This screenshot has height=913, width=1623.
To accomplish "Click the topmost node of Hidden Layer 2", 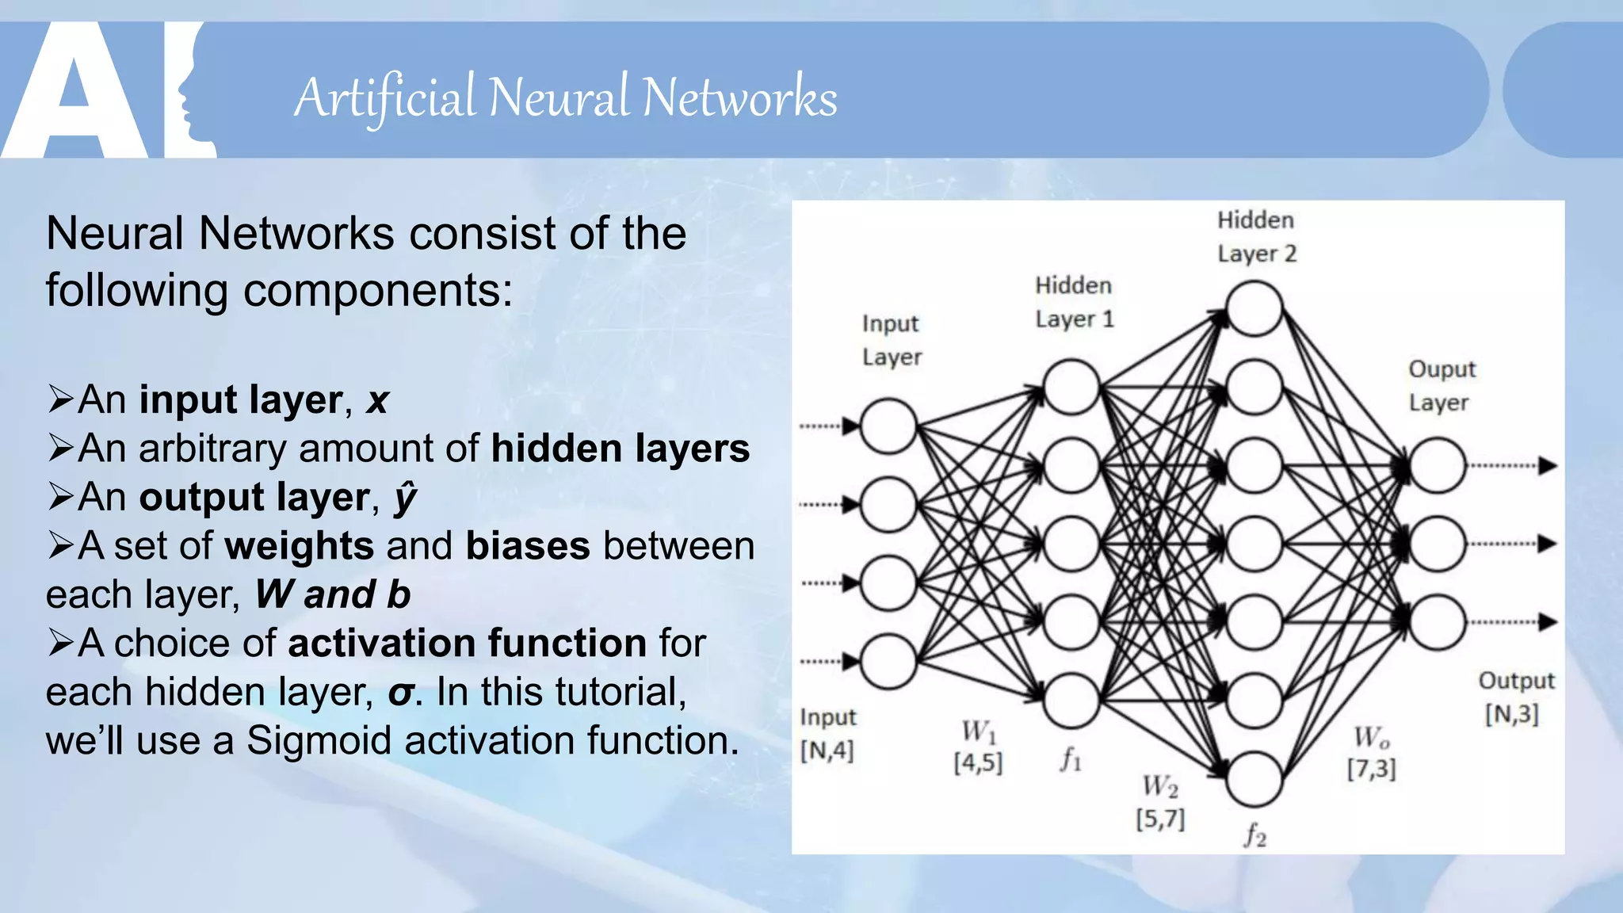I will point(1254,309).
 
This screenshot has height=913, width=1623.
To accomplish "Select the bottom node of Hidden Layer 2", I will point(1254,779).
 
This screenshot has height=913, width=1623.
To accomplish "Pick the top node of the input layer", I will point(888,426).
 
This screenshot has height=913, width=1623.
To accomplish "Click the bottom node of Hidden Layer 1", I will point(1071,701).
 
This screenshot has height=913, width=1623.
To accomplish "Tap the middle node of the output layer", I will point(1437,544).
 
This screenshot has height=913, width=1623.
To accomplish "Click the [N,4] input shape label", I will point(827,750).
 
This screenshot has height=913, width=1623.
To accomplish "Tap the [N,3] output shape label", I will point(1511,714).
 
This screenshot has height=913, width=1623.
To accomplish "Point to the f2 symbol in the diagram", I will point(1254,835).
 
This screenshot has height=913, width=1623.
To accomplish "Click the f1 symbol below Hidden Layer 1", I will point(1071,759).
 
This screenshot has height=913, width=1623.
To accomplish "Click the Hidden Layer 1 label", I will point(1074,302).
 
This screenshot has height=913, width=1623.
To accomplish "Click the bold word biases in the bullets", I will point(528,546).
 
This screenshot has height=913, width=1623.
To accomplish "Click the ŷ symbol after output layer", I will point(405,498).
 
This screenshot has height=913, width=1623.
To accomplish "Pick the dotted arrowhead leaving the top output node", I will point(1547,465).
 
